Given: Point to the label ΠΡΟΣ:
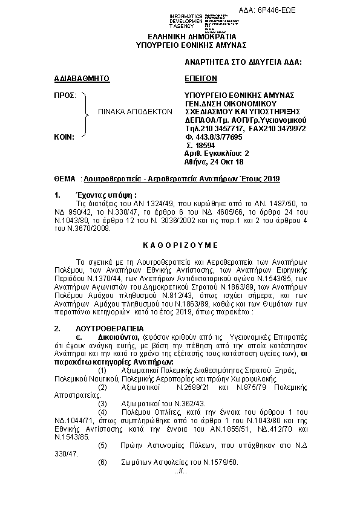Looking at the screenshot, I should pyautogui.click(x=65, y=96).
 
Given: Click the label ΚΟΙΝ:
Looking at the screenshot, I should pyautogui.click(x=64, y=137).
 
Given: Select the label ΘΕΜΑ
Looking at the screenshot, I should pyautogui.click(x=65, y=180).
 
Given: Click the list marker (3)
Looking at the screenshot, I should pyautogui.click(x=102, y=403).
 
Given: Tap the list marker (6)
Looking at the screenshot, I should pyautogui.click(x=102, y=462).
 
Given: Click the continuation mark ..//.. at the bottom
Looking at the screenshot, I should pyautogui.click(x=180, y=471).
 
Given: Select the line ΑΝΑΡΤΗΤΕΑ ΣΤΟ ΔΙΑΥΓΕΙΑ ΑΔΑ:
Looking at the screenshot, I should pyautogui.click(x=243, y=62).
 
